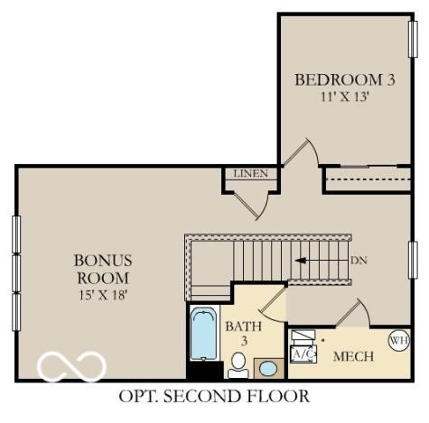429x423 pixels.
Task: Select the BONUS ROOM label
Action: click(x=101, y=269)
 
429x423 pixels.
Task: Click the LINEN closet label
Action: click(x=250, y=173)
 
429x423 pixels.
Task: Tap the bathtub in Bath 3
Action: click(x=203, y=335)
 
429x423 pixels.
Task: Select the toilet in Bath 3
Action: click(x=238, y=364)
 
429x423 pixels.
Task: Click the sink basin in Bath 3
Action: click(x=267, y=368)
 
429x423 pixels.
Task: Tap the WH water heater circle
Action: click(x=397, y=340)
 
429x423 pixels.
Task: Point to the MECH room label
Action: click(x=354, y=356)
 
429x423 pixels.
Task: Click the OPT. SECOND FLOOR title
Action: click(x=214, y=396)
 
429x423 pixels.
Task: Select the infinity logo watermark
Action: click(x=71, y=367)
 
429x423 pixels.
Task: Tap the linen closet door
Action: click(x=258, y=203)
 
